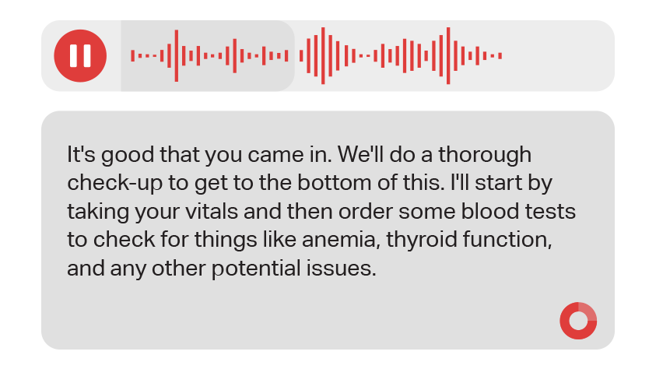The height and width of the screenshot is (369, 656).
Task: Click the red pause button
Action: tap(80, 55)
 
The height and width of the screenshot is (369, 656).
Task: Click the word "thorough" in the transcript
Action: tap(485, 154)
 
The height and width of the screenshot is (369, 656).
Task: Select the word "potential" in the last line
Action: tap(255, 268)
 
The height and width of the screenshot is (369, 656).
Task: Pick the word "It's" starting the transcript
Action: tap(81, 154)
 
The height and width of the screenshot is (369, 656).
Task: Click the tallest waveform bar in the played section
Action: tap(177, 55)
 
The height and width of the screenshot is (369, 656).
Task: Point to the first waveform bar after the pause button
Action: tap(132, 55)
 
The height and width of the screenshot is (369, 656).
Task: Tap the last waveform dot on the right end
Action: tap(500, 55)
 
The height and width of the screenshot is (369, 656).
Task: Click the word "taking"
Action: tap(98, 212)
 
